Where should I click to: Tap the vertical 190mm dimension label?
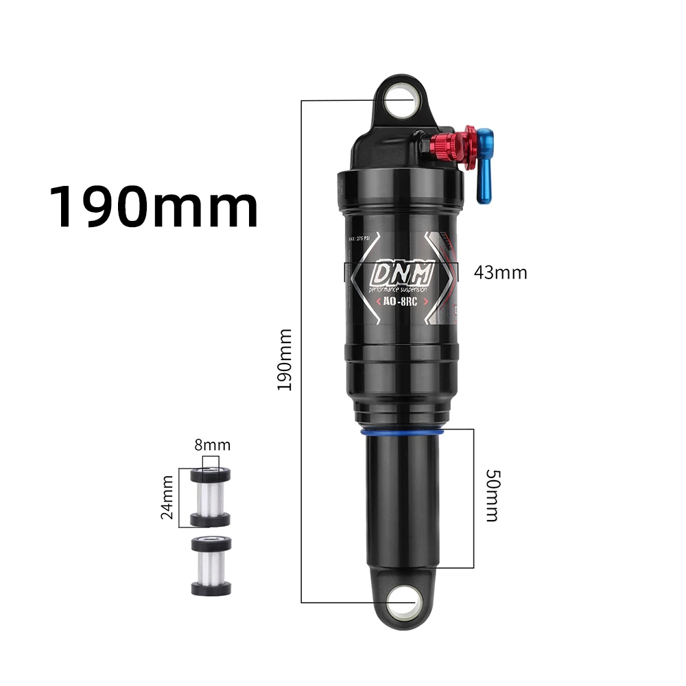(x=285, y=359)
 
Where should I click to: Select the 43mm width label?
(x=500, y=272)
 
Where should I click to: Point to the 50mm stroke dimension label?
(x=491, y=496)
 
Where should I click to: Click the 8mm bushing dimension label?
(x=212, y=445)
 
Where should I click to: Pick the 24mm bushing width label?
(x=167, y=497)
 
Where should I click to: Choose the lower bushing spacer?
(x=211, y=565)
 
